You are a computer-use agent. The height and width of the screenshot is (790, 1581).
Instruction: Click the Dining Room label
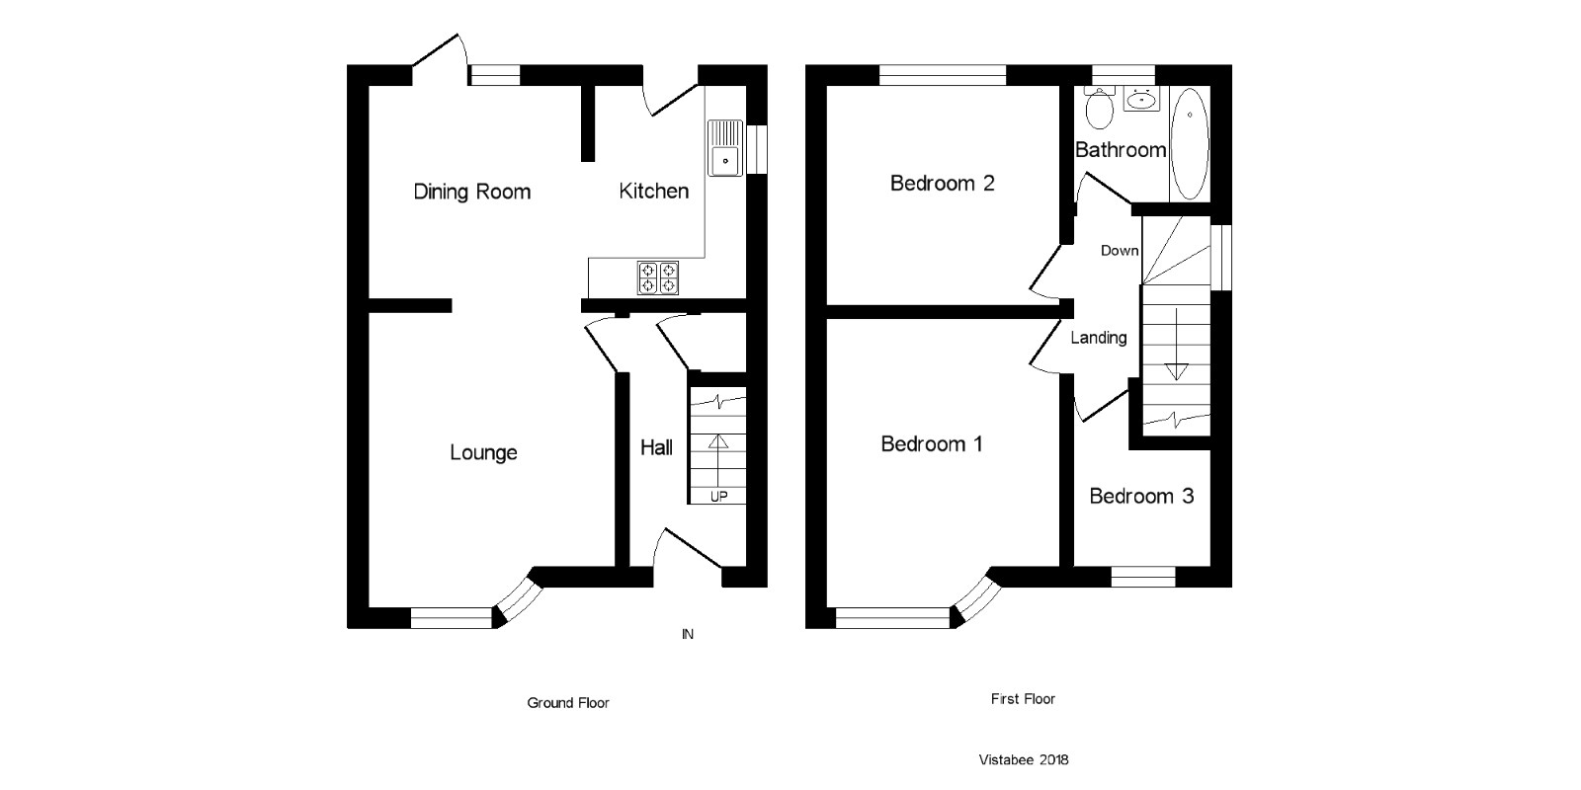tap(471, 192)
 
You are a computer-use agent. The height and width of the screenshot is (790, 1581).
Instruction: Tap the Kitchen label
tap(653, 191)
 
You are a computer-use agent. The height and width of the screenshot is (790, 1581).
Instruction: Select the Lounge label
tap(483, 452)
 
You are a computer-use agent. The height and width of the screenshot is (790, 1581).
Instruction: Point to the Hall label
tap(656, 447)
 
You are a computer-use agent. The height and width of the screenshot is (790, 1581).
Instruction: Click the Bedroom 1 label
tap(931, 444)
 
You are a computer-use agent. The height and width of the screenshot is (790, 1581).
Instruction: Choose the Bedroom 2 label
tap(942, 183)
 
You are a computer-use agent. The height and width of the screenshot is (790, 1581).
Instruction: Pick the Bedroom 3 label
tap(1141, 496)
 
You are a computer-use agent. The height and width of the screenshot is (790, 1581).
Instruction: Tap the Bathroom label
tap(1121, 150)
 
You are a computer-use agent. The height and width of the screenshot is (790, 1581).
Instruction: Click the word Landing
tap(1098, 338)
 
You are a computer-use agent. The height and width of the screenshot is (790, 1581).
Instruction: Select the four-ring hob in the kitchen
tap(658, 277)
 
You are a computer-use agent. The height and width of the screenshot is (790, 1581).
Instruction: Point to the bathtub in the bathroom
tap(1189, 144)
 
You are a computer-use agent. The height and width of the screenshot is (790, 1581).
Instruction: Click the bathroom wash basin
tap(1142, 99)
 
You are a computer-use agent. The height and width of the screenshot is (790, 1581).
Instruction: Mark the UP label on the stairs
tap(718, 497)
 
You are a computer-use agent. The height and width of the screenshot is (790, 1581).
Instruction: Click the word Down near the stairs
tap(1120, 251)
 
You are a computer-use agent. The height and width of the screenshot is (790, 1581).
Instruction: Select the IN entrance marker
tap(687, 634)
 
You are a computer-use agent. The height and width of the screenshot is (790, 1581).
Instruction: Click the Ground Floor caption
tap(567, 703)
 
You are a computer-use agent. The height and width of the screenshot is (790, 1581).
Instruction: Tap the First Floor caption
tap(1023, 699)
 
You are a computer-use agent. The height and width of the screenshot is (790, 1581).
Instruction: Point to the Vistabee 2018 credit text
tap(1023, 759)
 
